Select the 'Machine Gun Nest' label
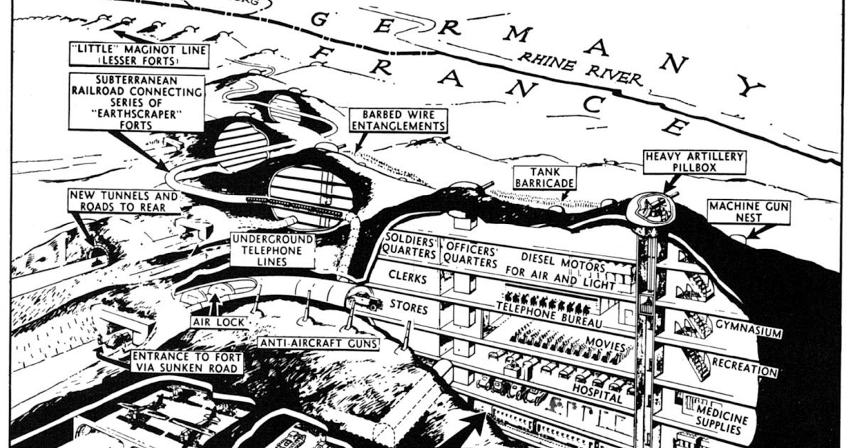[x=742, y=212]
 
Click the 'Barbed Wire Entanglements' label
[x=398, y=119]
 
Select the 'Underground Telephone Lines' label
[x=267, y=251]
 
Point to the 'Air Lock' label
[x=218, y=321]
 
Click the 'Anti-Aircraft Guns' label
[x=318, y=343]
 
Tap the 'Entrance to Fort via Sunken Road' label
[x=186, y=361]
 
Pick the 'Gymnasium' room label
[x=748, y=332]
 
